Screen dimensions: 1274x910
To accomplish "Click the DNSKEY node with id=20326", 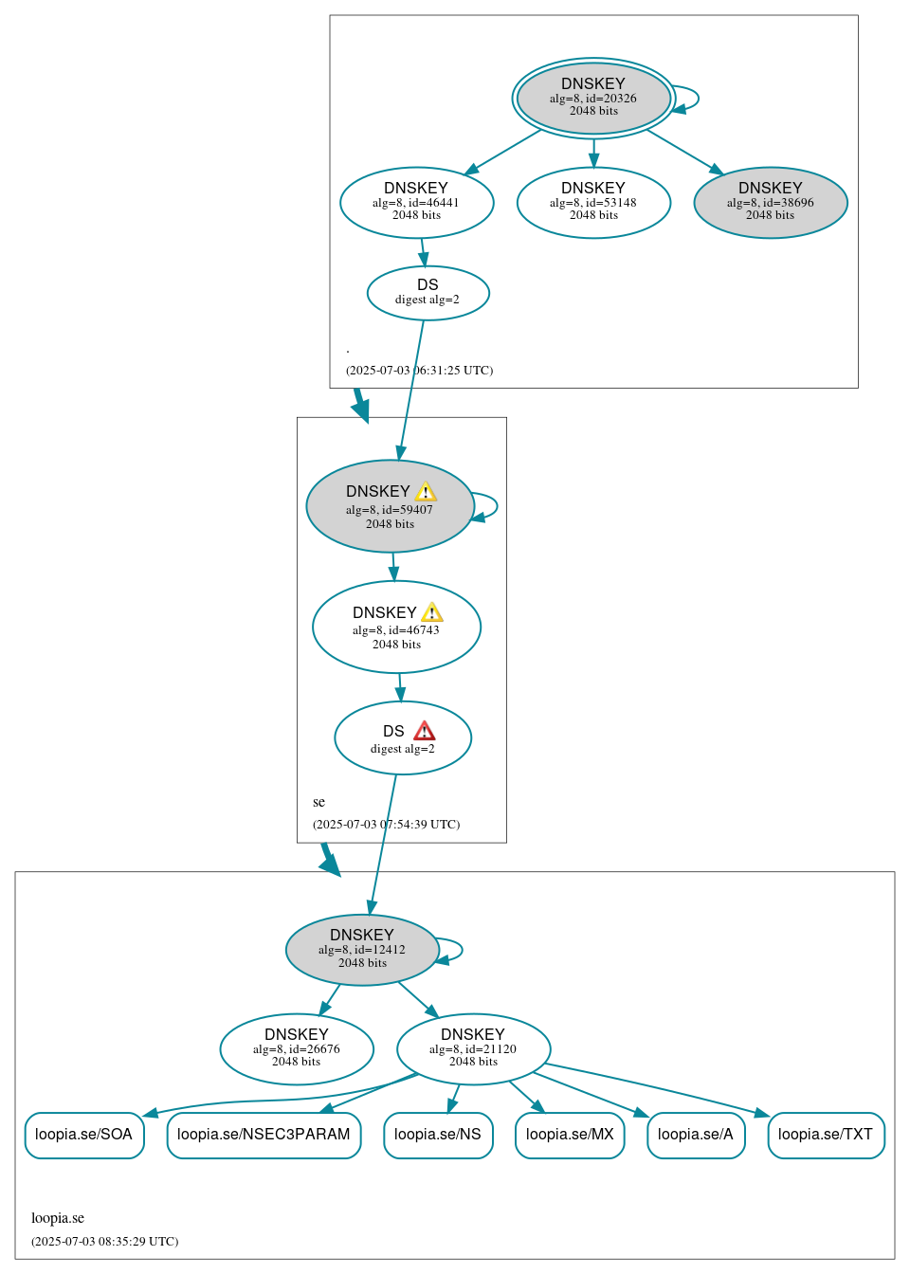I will click(593, 98).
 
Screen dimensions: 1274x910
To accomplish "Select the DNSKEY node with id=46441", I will click(416, 202).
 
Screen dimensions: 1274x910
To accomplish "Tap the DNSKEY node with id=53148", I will click(593, 202).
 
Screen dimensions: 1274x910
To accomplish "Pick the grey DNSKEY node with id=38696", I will click(770, 202).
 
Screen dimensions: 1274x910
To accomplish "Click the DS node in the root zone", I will click(428, 292).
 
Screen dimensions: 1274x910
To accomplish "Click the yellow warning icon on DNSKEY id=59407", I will click(426, 491).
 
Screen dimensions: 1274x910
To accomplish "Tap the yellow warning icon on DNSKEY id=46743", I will click(431, 612).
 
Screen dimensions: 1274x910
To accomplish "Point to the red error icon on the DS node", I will click(425, 731).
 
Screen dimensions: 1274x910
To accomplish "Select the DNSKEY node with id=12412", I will click(362, 949).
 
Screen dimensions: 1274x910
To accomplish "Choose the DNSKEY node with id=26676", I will click(297, 1048).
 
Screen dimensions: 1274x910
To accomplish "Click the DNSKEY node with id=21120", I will click(473, 1048).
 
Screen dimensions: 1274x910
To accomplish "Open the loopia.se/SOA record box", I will click(84, 1135).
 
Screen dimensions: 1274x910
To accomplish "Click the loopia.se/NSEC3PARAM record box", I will click(264, 1135).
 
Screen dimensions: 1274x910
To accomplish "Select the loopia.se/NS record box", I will click(438, 1135).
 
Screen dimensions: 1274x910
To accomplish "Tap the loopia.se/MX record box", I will click(570, 1135).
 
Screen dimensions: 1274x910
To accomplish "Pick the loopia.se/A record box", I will click(696, 1135).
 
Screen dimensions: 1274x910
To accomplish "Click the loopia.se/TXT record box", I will click(826, 1135).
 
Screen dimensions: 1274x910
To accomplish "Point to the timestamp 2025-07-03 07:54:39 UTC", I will click(387, 824).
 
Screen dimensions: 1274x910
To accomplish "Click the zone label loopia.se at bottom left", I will click(58, 1218).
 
